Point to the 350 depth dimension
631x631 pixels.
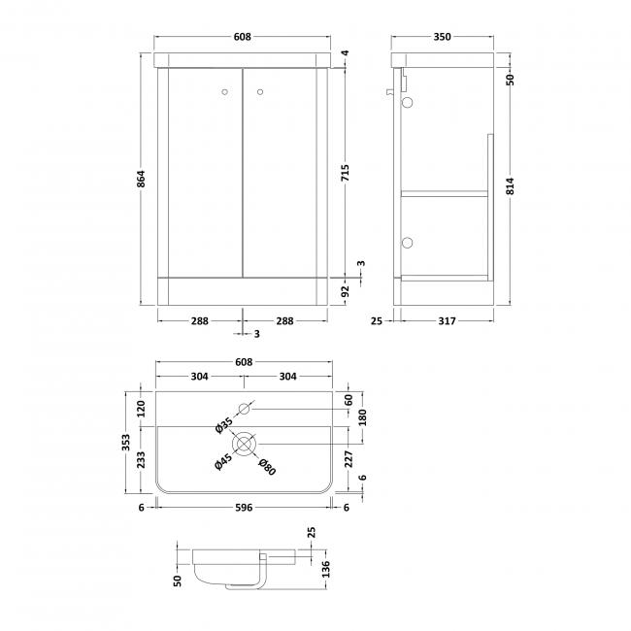click(x=442, y=37)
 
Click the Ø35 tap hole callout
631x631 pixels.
click(x=223, y=425)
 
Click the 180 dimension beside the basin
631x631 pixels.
click(x=361, y=417)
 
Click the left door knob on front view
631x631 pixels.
click(x=225, y=92)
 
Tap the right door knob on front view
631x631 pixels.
click(x=259, y=92)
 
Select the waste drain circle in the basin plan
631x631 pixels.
click(x=244, y=444)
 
